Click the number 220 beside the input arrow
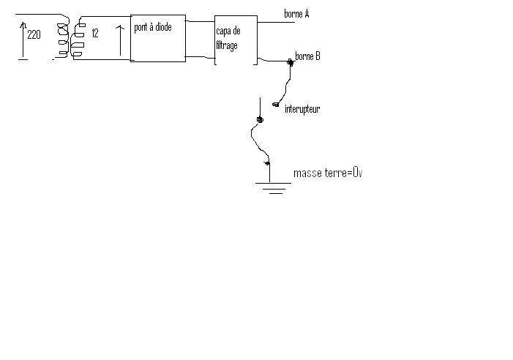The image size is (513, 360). tap(34, 34)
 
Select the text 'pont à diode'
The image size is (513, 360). tap(153, 28)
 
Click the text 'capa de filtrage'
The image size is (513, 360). tap(228, 38)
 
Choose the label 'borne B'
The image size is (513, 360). tap(307, 56)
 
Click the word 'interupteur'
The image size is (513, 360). tap(302, 109)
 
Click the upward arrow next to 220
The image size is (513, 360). tap(22, 40)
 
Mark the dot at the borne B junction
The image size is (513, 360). tap(291, 62)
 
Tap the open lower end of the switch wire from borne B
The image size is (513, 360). tap(276, 105)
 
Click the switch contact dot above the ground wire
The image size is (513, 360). tap(259, 119)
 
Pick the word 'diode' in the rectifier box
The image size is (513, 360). tap(163, 28)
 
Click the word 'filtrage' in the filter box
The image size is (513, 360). tap(227, 45)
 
